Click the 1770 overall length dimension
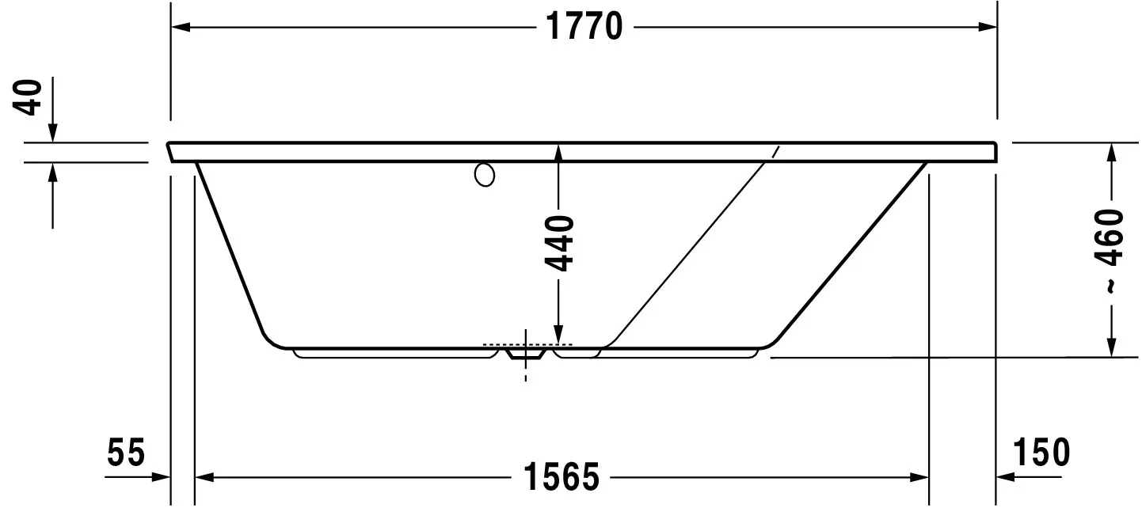click(584, 28)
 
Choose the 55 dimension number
click(127, 454)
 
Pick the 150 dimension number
click(1040, 453)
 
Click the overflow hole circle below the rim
click(485, 175)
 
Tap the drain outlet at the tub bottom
click(525, 355)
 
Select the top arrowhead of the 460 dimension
click(1112, 152)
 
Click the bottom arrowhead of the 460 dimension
click(1112, 347)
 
